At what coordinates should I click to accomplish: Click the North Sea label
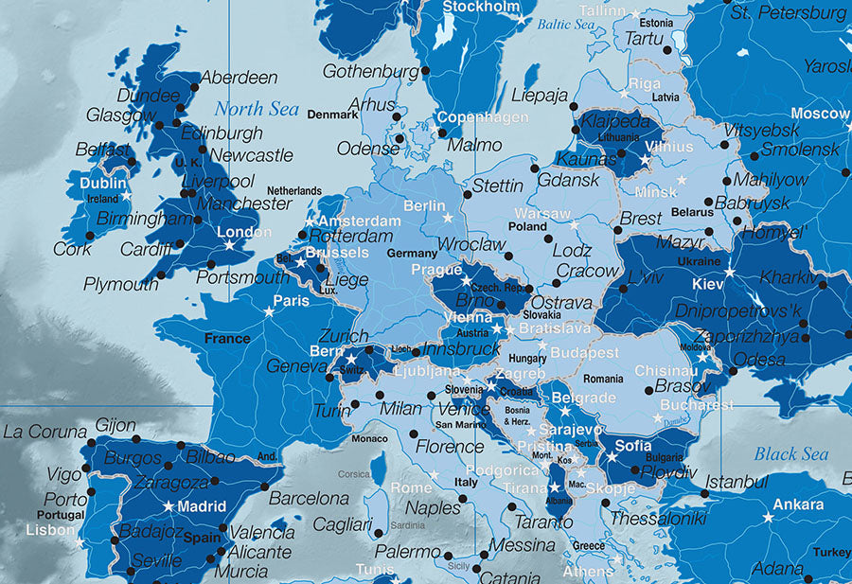(x=256, y=109)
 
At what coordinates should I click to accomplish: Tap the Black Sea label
(x=790, y=454)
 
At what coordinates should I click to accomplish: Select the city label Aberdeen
(x=240, y=78)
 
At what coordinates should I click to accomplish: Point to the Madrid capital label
(x=202, y=505)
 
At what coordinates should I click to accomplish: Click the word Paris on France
(x=291, y=301)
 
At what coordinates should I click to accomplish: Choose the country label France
(x=227, y=338)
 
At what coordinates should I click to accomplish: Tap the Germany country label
(x=412, y=254)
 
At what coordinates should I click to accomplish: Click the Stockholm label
(x=481, y=8)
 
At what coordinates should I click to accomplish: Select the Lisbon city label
(x=50, y=530)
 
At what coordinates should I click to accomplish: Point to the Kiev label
(x=706, y=283)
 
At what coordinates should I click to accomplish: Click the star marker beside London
(x=229, y=245)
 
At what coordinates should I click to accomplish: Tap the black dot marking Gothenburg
(x=425, y=71)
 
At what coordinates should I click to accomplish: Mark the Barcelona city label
(x=309, y=498)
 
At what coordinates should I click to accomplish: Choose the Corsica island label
(x=355, y=474)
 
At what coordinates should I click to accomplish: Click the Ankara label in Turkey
(x=797, y=504)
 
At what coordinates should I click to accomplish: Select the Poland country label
(x=527, y=227)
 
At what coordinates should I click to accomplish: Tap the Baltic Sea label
(x=566, y=25)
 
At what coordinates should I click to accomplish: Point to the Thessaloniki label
(x=657, y=519)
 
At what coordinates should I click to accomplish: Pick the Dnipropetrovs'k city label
(x=738, y=311)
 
